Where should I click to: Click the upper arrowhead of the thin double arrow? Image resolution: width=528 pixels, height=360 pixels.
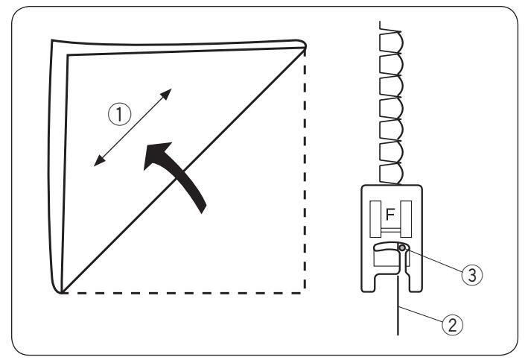click(x=168, y=93)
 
